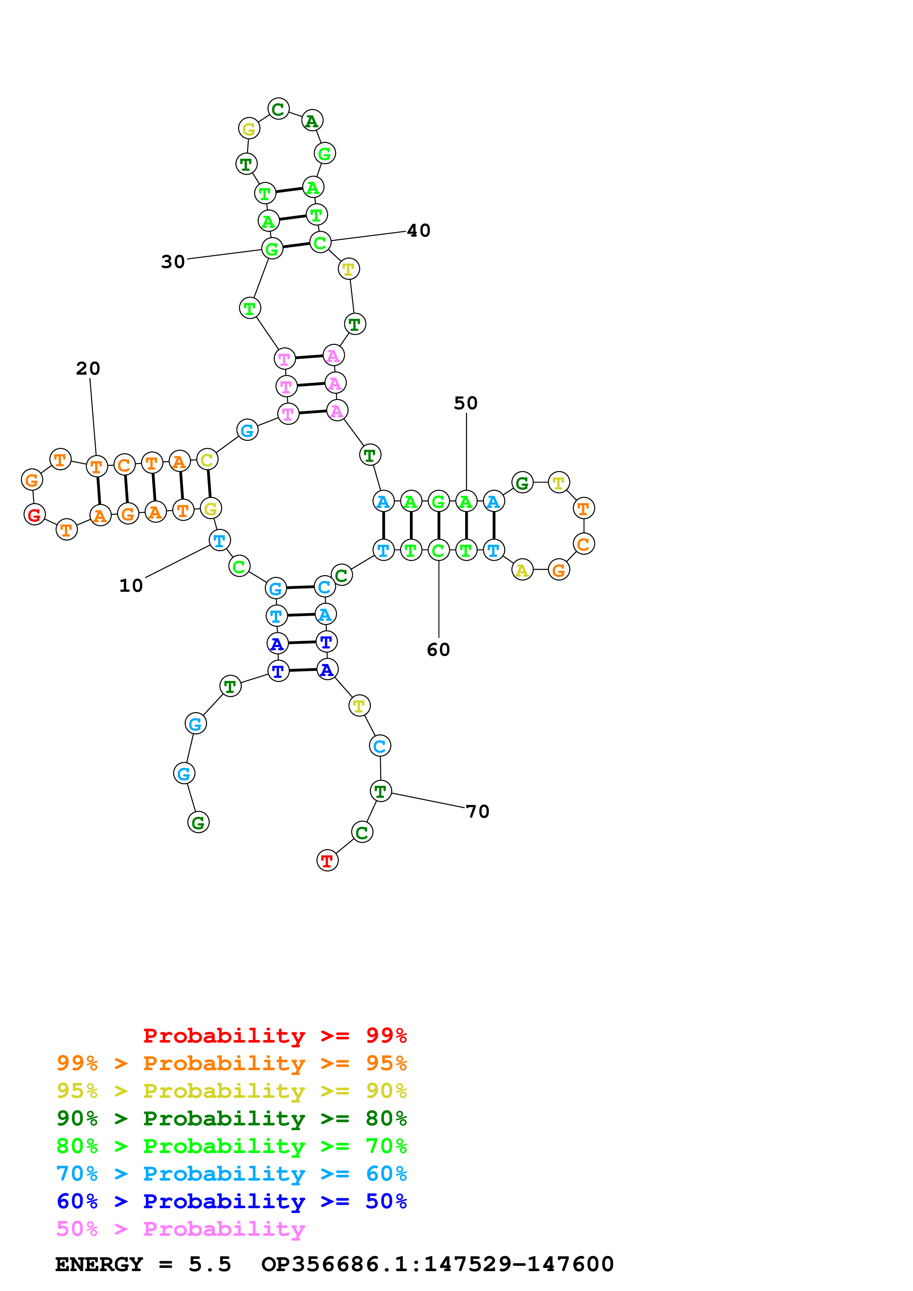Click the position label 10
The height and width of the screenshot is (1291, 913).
point(131,586)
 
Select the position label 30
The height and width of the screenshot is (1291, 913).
point(173,261)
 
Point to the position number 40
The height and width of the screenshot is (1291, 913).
point(418,230)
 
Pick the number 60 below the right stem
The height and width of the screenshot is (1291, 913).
point(438,650)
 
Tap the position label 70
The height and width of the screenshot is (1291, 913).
point(478,811)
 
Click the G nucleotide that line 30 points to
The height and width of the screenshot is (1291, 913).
point(272,248)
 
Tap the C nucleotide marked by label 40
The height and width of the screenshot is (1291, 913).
point(320,243)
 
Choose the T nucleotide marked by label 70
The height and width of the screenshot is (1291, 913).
point(381,791)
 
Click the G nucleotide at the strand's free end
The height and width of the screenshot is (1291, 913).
point(198,823)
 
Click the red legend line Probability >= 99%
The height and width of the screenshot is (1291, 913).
point(274,1036)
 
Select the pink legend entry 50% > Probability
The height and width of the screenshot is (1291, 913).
point(180,1229)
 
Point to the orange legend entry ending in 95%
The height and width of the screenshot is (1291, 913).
point(231,1063)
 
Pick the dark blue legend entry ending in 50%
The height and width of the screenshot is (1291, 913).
point(231,1202)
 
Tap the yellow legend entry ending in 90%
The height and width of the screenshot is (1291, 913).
point(231,1091)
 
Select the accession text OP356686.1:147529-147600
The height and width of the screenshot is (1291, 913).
point(437,1264)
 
